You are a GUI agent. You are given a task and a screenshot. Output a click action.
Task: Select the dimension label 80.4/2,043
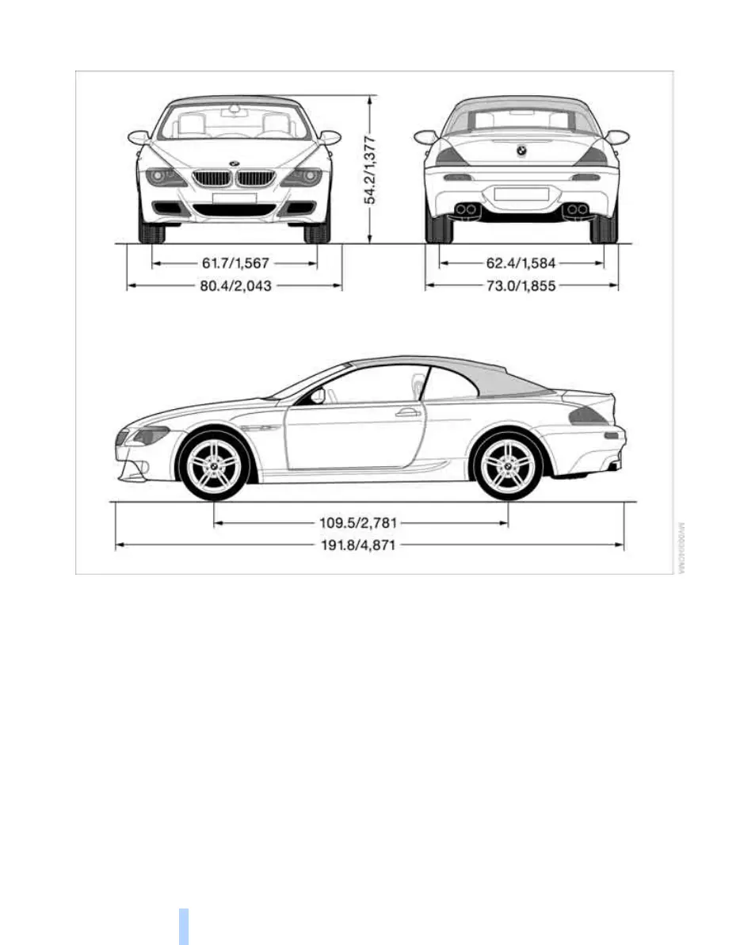[x=235, y=285]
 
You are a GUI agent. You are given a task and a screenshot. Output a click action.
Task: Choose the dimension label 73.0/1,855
[x=521, y=285]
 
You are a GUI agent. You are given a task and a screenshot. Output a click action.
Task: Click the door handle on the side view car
[x=408, y=412]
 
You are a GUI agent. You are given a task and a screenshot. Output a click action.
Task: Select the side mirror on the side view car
[x=318, y=396]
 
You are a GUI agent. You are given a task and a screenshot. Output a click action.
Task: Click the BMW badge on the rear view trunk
[x=521, y=150]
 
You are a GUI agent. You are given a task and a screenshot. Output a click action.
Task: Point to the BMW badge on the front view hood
[x=235, y=164]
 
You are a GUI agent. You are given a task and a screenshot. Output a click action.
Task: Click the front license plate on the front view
[x=235, y=198]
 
